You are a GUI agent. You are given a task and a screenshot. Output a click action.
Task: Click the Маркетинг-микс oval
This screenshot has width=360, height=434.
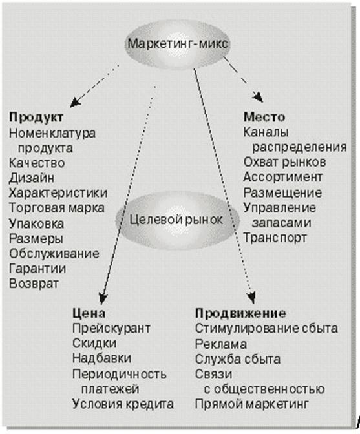[x=177, y=44]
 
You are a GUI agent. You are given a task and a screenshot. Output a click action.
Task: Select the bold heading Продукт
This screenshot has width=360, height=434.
[x=36, y=118]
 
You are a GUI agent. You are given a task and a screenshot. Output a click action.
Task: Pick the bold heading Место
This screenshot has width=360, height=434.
[x=264, y=117]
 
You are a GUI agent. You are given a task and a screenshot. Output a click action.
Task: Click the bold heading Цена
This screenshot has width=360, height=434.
[x=89, y=313]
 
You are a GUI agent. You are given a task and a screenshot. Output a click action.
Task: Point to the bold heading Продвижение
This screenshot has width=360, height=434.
[x=240, y=314]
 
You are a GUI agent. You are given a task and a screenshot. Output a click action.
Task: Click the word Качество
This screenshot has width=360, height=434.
[x=37, y=163]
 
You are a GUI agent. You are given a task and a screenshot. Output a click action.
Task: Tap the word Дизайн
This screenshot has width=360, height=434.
[x=31, y=178]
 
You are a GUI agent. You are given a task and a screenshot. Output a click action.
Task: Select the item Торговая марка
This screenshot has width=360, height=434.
[x=56, y=208]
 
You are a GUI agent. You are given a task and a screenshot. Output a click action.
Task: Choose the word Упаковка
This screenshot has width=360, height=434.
[x=36, y=223]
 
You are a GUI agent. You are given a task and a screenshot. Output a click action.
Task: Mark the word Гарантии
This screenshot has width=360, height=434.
[x=37, y=269]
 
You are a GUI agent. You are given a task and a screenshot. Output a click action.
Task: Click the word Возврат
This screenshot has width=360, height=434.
[x=34, y=284]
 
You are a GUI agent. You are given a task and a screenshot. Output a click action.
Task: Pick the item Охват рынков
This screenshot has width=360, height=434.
[x=284, y=162]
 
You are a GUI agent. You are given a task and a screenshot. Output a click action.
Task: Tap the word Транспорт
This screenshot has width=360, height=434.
[x=275, y=238]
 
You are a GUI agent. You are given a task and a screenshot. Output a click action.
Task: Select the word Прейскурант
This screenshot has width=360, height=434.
[x=111, y=329]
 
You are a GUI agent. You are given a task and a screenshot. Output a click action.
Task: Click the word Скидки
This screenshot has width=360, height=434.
[x=94, y=344]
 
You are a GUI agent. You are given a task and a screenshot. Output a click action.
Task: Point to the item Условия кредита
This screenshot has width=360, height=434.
[x=123, y=404]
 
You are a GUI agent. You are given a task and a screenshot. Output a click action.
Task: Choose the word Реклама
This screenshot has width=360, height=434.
[x=220, y=344]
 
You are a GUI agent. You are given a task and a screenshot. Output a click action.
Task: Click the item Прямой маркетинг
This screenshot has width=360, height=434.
[x=251, y=404]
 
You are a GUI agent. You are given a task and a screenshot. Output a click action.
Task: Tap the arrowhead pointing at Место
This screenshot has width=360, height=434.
[x=258, y=98]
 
